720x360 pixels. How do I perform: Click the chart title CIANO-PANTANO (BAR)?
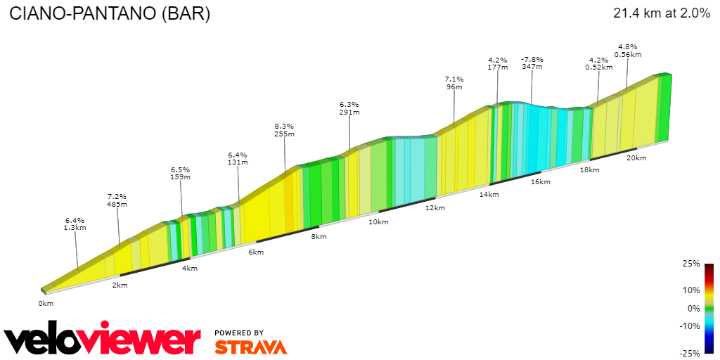(x=109, y=14)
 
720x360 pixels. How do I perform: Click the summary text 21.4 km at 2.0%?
(x=662, y=13)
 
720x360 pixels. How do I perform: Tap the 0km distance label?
(x=46, y=303)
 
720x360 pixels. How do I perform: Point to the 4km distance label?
(x=189, y=269)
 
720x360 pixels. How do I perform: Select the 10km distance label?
(x=378, y=222)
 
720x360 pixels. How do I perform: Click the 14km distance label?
(x=489, y=194)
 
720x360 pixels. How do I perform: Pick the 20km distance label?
(x=636, y=158)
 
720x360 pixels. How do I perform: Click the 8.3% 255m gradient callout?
(x=284, y=130)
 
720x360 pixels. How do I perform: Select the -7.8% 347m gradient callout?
(x=532, y=63)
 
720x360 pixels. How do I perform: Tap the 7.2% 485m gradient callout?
(x=117, y=200)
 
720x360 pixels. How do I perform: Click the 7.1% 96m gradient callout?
(x=454, y=83)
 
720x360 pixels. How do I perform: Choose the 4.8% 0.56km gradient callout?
(x=627, y=51)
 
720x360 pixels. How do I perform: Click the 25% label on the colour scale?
(x=691, y=264)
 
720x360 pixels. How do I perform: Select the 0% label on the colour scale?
(x=693, y=308)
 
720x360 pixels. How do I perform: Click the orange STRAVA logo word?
(x=250, y=347)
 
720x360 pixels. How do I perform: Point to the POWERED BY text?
(x=239, y=333)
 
